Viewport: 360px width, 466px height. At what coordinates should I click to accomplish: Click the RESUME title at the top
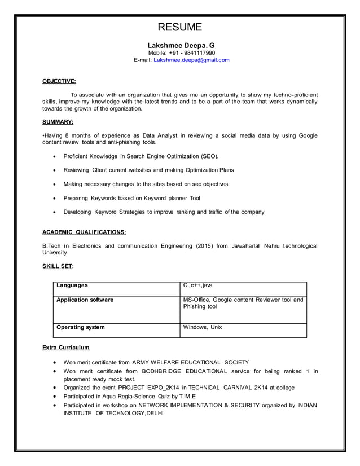click(x=179, y=27)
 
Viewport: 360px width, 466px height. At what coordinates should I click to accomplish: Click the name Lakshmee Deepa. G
click(x=181, y=45)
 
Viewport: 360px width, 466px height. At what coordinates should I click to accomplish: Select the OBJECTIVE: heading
click(x=59, y=81)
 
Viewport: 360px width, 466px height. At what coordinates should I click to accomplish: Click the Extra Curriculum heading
click(x=66, y=347)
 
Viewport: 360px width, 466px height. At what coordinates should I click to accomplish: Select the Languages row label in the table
click(x=72, y=285)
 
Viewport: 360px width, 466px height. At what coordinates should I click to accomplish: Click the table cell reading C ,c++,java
click(x=198, y=285)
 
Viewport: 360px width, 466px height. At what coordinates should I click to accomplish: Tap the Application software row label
click(x=85, y=300)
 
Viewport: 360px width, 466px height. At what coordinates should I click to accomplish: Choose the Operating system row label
click(x=80, y=327)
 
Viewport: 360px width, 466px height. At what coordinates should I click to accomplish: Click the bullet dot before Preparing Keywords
click(x=54, y=199)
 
